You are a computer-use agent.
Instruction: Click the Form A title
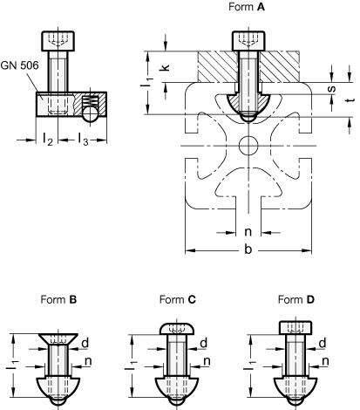coord(247,7)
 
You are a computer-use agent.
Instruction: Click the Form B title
coord(58,299)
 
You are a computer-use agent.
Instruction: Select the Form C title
coord(178,299)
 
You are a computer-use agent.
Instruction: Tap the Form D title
coord(296,299)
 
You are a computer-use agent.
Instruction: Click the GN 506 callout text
coord(19,65)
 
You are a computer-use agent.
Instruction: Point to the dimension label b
coord(248,249)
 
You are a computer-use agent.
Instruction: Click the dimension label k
coord(165,67)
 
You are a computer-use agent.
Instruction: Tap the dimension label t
coord(351,99)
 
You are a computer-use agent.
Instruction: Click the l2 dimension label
coord(48,139)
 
